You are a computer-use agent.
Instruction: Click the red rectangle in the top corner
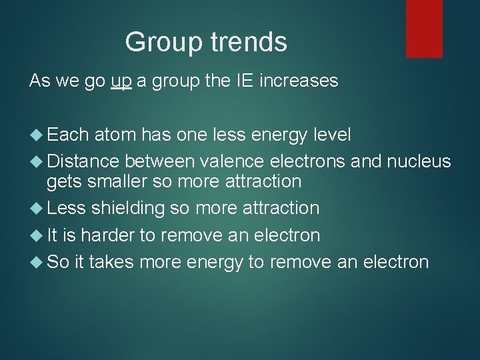pos(424,28)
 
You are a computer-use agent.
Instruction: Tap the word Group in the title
pos(163,42)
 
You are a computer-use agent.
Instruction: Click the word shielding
pos(128,208)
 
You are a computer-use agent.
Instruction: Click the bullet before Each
pos(35,135)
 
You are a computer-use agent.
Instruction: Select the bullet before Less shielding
pos(35,209)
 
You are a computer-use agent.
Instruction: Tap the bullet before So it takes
pos(35,262)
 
